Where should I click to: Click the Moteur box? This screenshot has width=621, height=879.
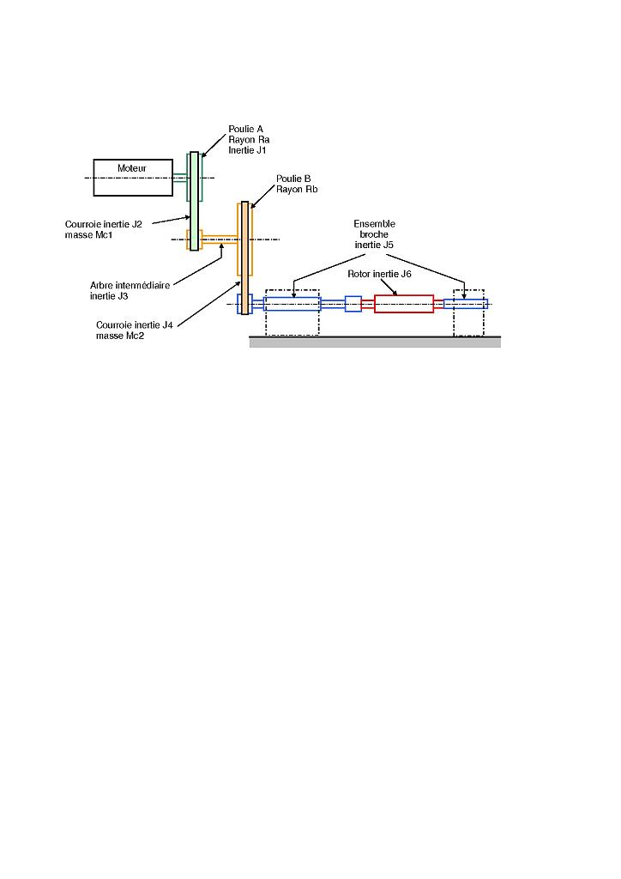(132, 179)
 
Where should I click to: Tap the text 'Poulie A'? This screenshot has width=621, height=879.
(245, 130)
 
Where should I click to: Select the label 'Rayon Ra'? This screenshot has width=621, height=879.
(249, 140)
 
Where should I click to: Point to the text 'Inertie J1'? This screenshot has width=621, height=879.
(249, 150)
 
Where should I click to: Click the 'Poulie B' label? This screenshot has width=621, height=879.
(292, 179)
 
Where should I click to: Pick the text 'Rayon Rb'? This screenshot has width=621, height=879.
(297, 190)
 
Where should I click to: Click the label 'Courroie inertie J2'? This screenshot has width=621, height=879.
(103, 224)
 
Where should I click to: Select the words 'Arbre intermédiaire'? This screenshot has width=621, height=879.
(130, 285)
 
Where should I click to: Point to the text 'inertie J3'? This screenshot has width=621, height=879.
(109, 296)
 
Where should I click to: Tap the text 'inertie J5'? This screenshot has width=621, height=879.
(374, 245)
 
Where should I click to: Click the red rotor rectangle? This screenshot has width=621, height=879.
(404, 304)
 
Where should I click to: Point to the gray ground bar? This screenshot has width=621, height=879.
(375, 342)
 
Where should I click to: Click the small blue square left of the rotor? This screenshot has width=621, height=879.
(353, 304)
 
